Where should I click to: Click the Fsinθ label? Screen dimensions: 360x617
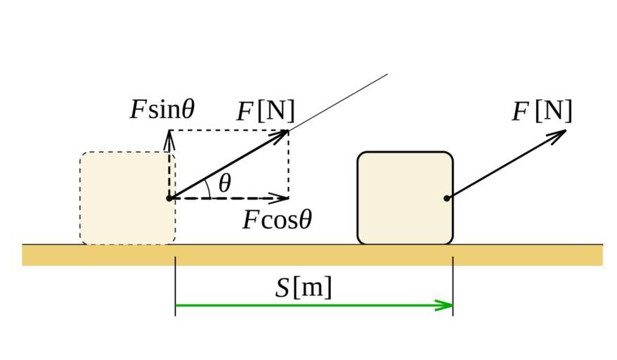click(x=162, y=110)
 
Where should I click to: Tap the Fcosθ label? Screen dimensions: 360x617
click(x=277, y=220)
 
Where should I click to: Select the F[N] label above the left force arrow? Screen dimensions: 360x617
click(x=266, y=111)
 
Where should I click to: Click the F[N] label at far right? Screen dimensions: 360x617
click(x=542, y=111)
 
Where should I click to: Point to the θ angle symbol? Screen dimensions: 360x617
click(x=224, y=184)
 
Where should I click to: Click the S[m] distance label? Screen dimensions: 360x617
click(x=304, y=288)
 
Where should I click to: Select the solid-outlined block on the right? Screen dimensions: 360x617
click(x=405, y=198)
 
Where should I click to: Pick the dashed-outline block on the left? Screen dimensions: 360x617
click(x=127, y=198)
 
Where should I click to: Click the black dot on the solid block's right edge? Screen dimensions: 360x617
click(x=447, y=198)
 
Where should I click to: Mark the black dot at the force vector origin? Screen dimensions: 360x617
click(x=169, y=198)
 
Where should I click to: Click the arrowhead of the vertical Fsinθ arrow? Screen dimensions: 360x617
click(x=169, y=137)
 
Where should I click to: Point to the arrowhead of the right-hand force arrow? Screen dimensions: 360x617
click(x=559, y=134)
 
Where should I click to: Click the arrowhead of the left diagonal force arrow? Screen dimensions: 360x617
click(x=282, y=134)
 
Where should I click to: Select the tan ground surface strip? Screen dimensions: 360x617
click(x=312, y=255)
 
